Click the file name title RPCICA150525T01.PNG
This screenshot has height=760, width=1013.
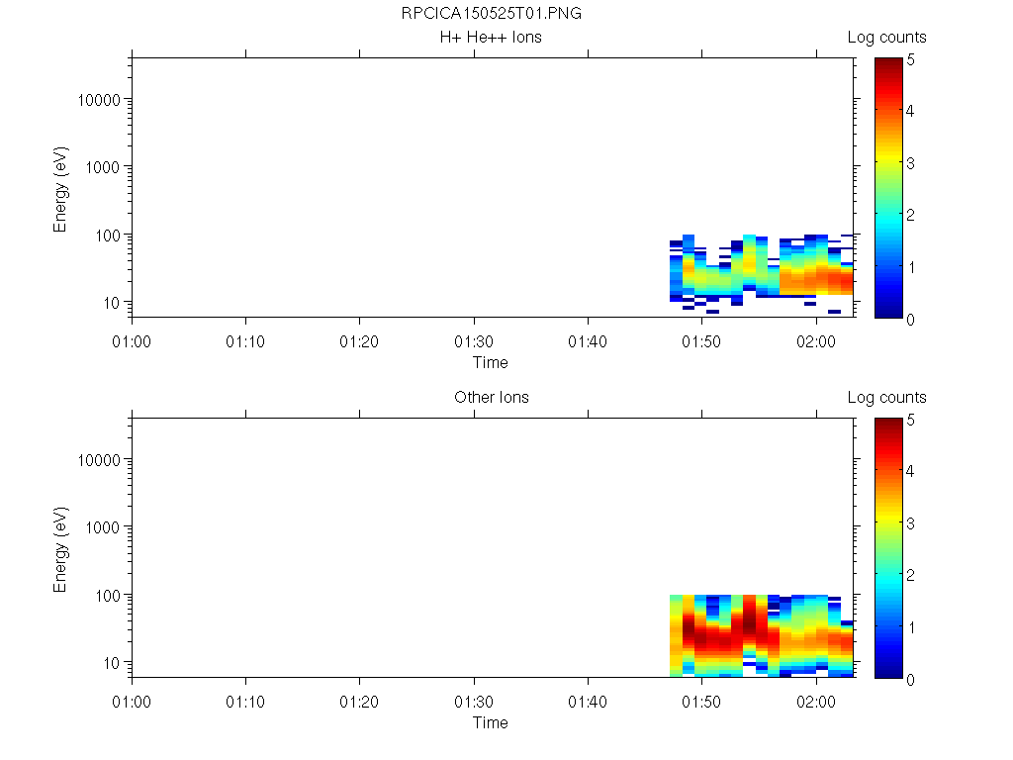[491, 14]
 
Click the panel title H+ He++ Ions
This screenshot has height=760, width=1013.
[491, 38]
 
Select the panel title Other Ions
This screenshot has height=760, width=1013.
[491, 398]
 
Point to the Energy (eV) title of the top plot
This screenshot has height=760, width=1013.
[61, 192]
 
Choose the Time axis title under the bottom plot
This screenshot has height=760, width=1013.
[491, 722]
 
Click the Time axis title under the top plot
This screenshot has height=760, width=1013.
[491, 362]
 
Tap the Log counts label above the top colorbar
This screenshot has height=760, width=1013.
[887, 38]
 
